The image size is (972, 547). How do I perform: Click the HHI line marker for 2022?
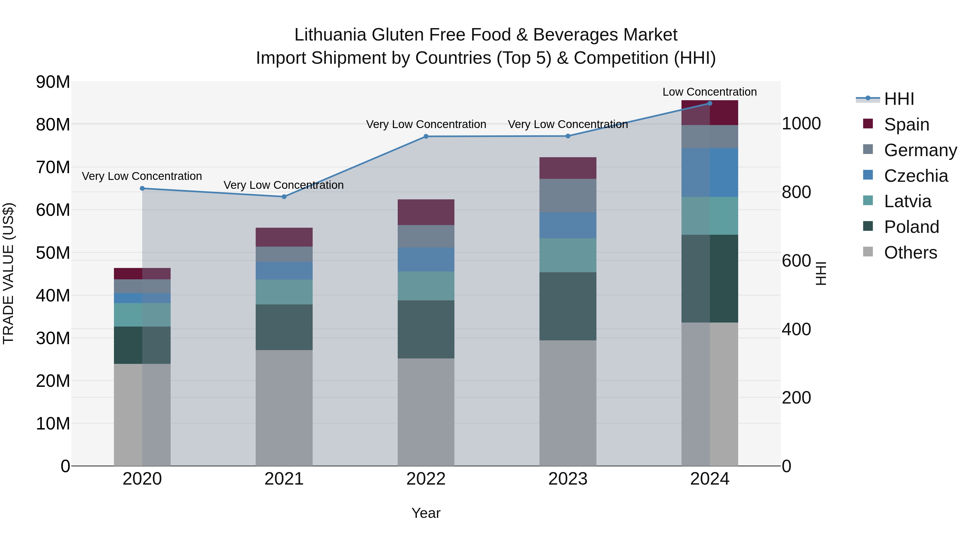(x=426, y=136)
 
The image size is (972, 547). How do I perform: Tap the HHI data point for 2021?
(x=284, y=197)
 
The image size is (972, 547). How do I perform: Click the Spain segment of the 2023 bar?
(x=568, y=168)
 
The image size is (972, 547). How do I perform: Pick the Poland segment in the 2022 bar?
(x=426, y=329)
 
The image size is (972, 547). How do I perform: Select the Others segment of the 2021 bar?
(x=284, y=408)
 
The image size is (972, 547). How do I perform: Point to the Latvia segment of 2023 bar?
(x=568, y=255)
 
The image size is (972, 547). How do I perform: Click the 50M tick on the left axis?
(x=53, y=253)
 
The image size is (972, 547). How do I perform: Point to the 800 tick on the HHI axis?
(x=796, y=192)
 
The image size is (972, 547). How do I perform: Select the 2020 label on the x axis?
(x=142, y=479)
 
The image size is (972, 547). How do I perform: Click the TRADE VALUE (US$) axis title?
(x=8, y=273)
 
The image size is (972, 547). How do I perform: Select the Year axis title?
(x=426, y=513)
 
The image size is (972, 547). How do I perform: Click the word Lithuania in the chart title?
(x=330, y=35)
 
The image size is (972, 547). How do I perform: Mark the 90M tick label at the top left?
(x=53, y=82)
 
